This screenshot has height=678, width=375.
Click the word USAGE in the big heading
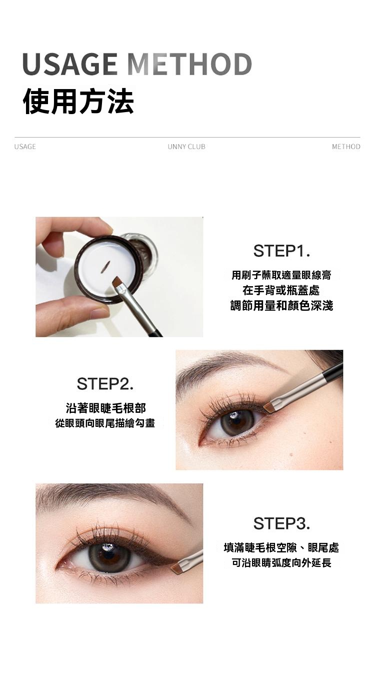click(x=70, y=64)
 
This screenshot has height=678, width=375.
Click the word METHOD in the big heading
click(x=189, y=64)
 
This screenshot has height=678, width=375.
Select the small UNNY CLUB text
click(x=186, y=147)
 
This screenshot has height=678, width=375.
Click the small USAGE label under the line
click(x=25, y=147)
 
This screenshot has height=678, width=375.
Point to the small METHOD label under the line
click(x=346, y=147)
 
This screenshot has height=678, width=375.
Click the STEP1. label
click(x=281, y=251)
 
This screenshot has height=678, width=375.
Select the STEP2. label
click(x=105, y=384)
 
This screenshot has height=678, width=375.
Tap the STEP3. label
click(x=281, y=523)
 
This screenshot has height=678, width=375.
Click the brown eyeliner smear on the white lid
click(x=104, y=266)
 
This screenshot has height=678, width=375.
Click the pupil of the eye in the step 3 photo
click(x=109, y=555)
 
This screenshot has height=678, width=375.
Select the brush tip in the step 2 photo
click(x=268, y=408)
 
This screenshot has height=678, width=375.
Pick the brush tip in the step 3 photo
click(x=175, y=568)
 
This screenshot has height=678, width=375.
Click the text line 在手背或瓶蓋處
click(x=281, y=291)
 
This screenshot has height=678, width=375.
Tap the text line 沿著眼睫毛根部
click(x=106, y=408)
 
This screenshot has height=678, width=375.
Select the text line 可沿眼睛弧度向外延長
click(x=281, y=563)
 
